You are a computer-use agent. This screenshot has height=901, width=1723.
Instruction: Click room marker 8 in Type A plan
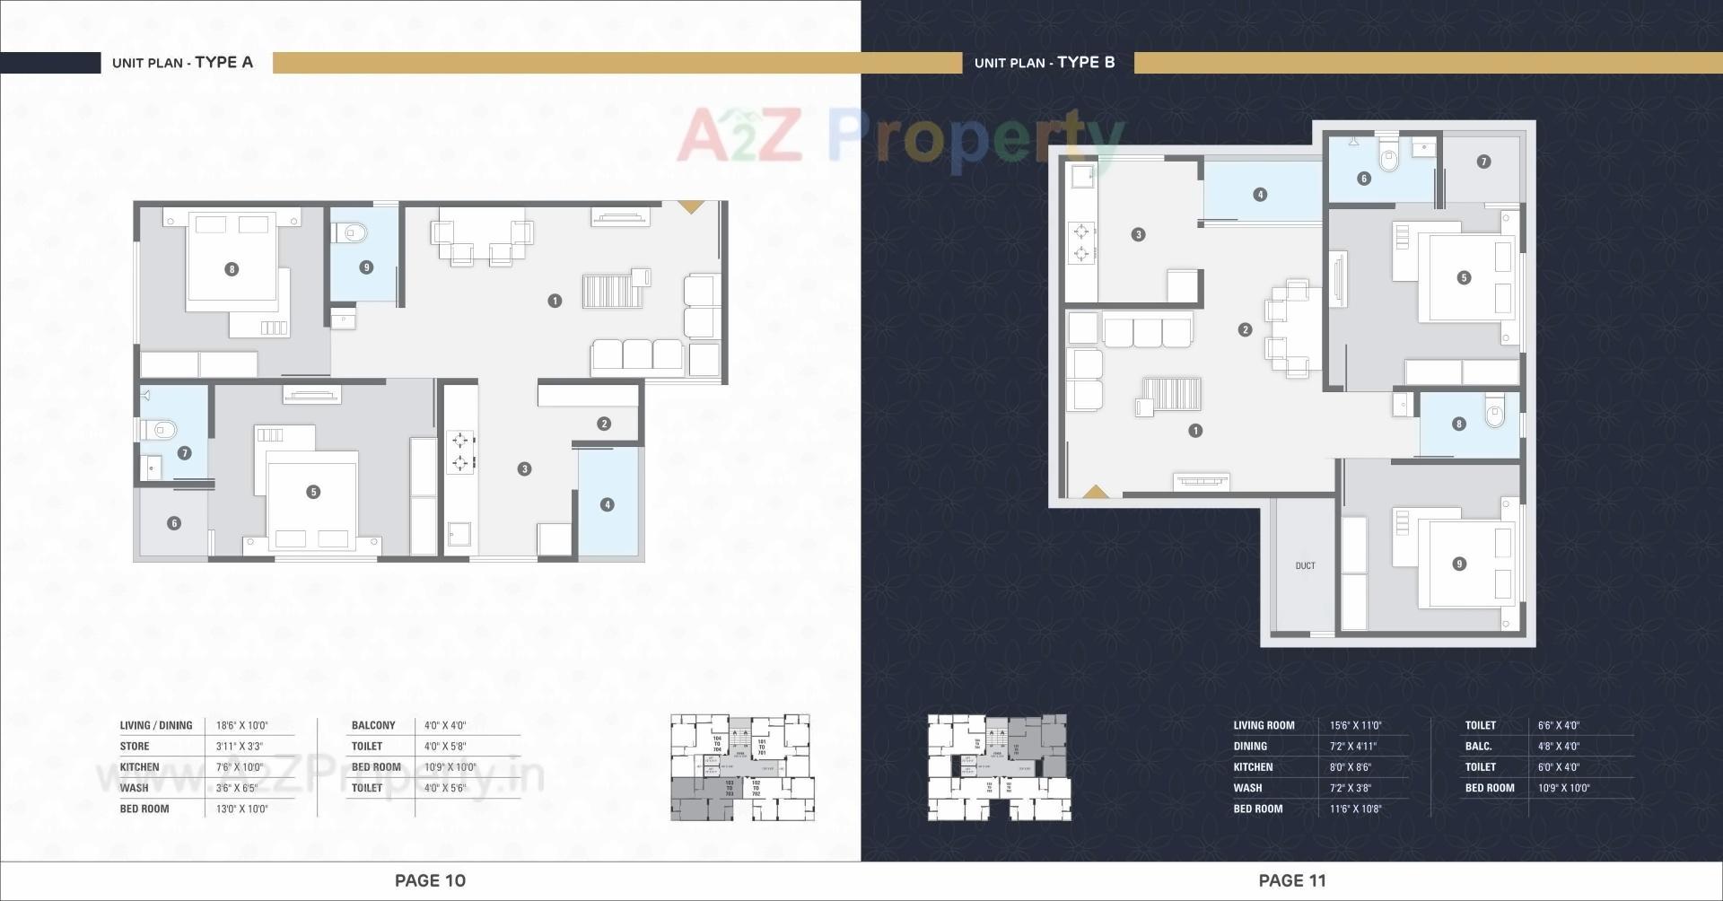coord(232,269)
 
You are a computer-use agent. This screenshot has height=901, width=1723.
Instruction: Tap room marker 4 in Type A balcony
coord(608,504)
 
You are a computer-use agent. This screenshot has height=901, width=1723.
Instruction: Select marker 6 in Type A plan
coord(174,523)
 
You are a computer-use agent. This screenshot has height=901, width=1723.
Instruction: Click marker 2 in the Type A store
coord(604,424)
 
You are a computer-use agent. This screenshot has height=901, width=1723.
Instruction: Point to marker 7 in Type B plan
coord(1483,162)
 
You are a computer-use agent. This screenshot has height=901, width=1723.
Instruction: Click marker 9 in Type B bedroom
coord(1459,564)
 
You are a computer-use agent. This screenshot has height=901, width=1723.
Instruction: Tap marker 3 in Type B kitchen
coord(1138,234)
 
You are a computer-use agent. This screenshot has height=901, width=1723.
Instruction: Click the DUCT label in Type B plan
coord(1305,565)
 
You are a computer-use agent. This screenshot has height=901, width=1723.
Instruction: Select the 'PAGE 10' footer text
coord(430,880)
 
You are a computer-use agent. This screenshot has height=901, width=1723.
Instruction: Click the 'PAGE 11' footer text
coord(1291,880)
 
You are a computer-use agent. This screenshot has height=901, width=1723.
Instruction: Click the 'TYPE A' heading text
coord(223,62)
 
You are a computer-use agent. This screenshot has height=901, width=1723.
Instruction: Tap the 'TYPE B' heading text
coord(1086,62)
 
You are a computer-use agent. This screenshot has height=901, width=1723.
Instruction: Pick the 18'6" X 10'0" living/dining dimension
coord(241,725)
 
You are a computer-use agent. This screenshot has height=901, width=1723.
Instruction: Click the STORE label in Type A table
coord(135,746)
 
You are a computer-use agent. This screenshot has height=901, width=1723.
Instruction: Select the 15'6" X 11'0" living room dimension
coord(1355,725)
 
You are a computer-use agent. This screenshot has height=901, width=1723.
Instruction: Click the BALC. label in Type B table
coord(1478,746)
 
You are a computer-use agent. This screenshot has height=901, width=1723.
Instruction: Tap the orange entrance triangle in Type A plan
coord(690,206)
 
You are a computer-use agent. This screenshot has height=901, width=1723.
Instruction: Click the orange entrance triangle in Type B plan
coord(1095,492)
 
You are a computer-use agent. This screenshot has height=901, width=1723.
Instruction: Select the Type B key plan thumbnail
coord(999,767)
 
